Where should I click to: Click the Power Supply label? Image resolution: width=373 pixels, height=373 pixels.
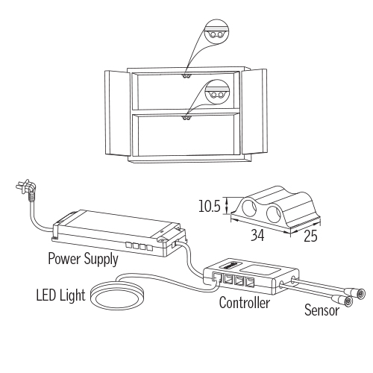pyautogui.click(x=83, y=259)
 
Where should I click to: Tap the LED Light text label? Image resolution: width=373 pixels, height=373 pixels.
pyautogui.click(x=60, y=295)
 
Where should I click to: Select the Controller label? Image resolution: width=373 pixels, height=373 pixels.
pyautogui.click(x=245, y=303)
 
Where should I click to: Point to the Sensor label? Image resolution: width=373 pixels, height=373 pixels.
pyautogui.click(x=322, y=310)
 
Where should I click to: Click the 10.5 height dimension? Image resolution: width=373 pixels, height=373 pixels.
pyautogui.click(x=210, y=206)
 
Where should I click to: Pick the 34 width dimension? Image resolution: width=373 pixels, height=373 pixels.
pyautogui.click(x=257, y=235)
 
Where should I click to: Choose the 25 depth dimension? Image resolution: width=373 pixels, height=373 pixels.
pyautogui.click(x=310, y=236)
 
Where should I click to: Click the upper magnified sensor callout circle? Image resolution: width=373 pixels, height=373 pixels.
pyautogui.click(x=216, y=32)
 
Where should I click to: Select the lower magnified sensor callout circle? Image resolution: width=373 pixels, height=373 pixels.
pyautogui.click(x=216, y=92)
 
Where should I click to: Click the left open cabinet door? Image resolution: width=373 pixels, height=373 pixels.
pyautogui.click(x=117, y=113)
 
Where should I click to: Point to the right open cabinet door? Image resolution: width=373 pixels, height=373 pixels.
pyautogui.click(x=254, y=111)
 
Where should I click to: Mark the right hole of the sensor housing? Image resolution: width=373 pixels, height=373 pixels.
pyautogui.click(x=274, y=214)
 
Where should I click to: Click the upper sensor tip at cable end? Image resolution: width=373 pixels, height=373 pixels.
pyautogui.click(x=360, y=294)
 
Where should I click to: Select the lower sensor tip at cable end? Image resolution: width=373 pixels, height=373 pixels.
pyautogui.click(x=348, y=301)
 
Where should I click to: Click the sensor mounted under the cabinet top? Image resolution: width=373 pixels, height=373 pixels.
pyautogui.click(x=186, y=76)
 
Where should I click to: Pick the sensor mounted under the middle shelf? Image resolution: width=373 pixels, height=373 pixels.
pyautogui.click(x=186, y=118)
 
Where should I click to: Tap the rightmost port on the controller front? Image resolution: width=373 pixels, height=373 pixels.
pyautogui.click(x=250, y=282)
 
